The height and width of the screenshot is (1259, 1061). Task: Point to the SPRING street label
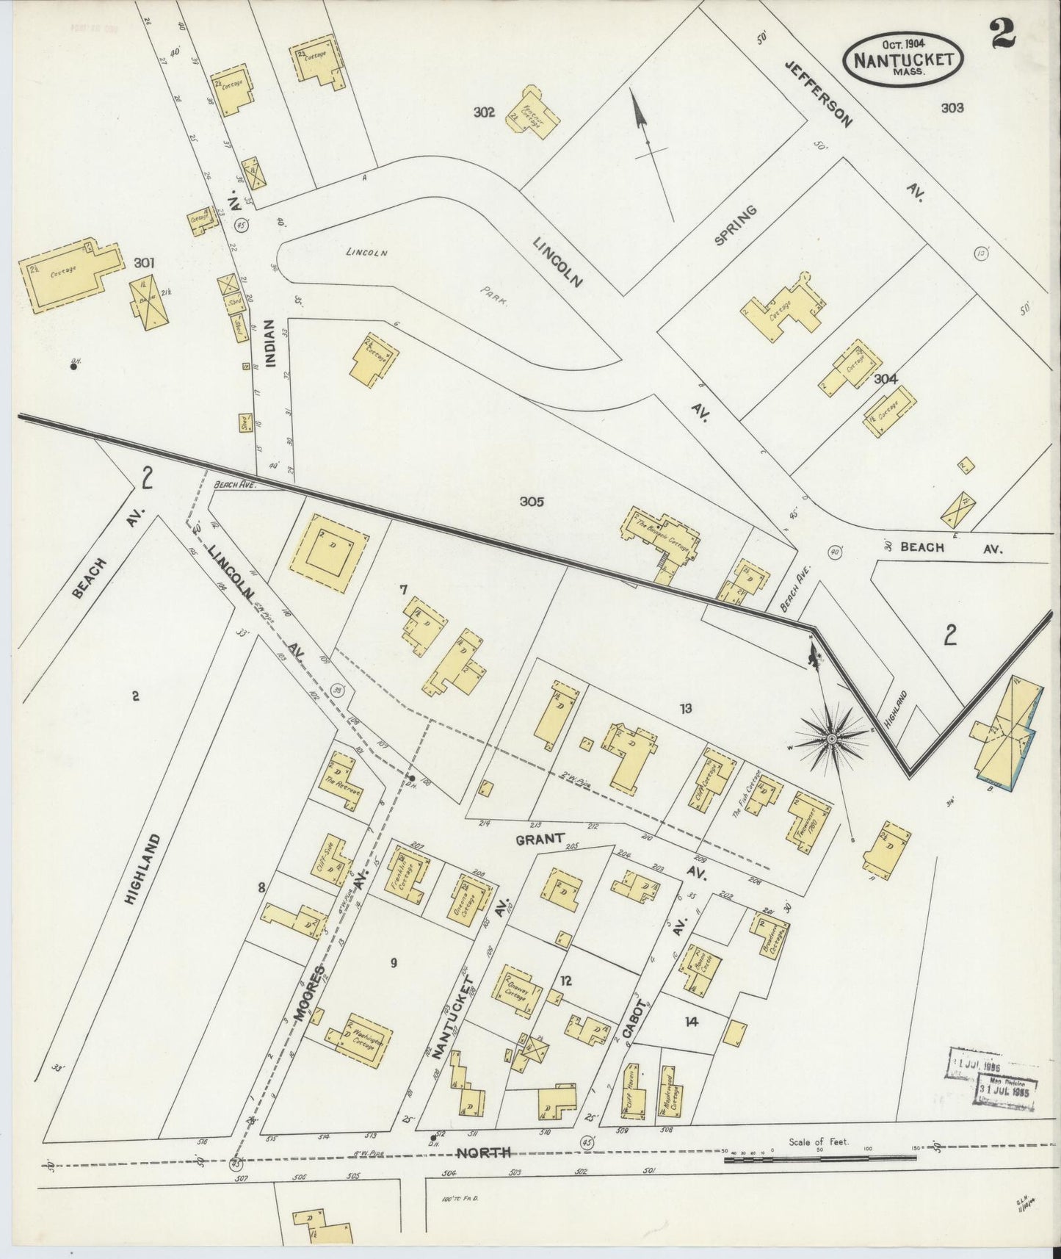coord(736,225)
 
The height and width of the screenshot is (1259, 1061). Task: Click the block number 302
coord(483,112)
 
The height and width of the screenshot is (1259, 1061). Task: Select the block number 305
coord(531,502)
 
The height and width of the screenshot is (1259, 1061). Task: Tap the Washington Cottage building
coord(360,1039)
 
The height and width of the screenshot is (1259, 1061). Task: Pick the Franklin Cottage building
coord(405,872)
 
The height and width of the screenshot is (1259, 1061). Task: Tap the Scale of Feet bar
coord(820,1159)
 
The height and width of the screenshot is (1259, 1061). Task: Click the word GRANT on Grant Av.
coord(539,838)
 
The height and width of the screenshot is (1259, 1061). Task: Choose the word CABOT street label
coord(632,1019)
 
